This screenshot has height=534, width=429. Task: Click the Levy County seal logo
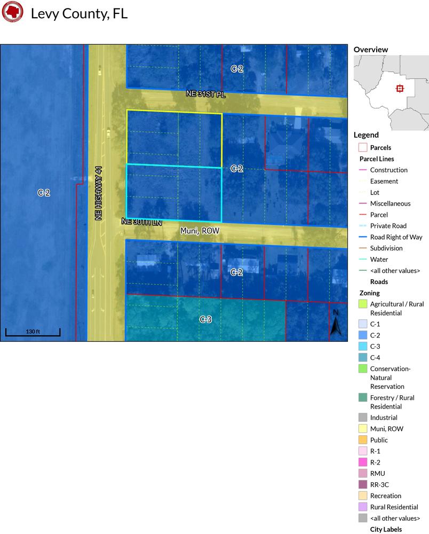12,13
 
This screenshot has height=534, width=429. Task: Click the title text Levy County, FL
79,14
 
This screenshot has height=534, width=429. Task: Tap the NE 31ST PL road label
206,93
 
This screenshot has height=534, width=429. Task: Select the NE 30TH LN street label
141,221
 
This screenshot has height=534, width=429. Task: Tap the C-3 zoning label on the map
206,319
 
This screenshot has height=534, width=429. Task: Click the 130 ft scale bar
33,332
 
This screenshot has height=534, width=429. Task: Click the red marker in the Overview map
400,89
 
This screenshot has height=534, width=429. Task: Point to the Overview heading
370,50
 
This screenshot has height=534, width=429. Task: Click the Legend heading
366,135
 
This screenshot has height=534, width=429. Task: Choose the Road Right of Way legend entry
396,237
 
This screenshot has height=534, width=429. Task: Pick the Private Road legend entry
388,226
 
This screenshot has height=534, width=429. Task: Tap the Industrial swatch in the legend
363,418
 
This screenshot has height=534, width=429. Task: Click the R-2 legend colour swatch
363,462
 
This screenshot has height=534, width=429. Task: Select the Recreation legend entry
385,496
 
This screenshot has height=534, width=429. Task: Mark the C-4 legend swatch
363,358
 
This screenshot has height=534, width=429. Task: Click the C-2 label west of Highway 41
44,193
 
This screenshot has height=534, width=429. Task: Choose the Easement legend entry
384,181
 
